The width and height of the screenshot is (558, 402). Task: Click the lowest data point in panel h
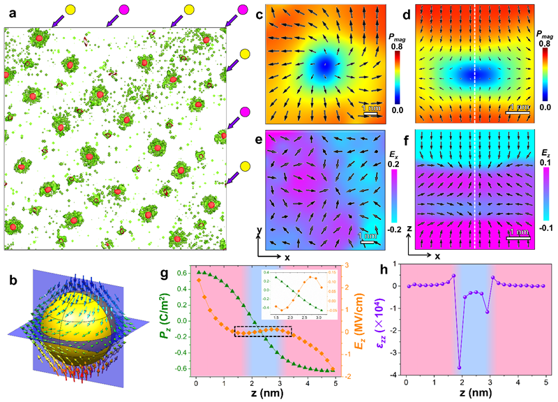click(x=421, y=367)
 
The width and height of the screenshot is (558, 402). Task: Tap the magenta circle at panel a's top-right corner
click(x=243, y=10)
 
